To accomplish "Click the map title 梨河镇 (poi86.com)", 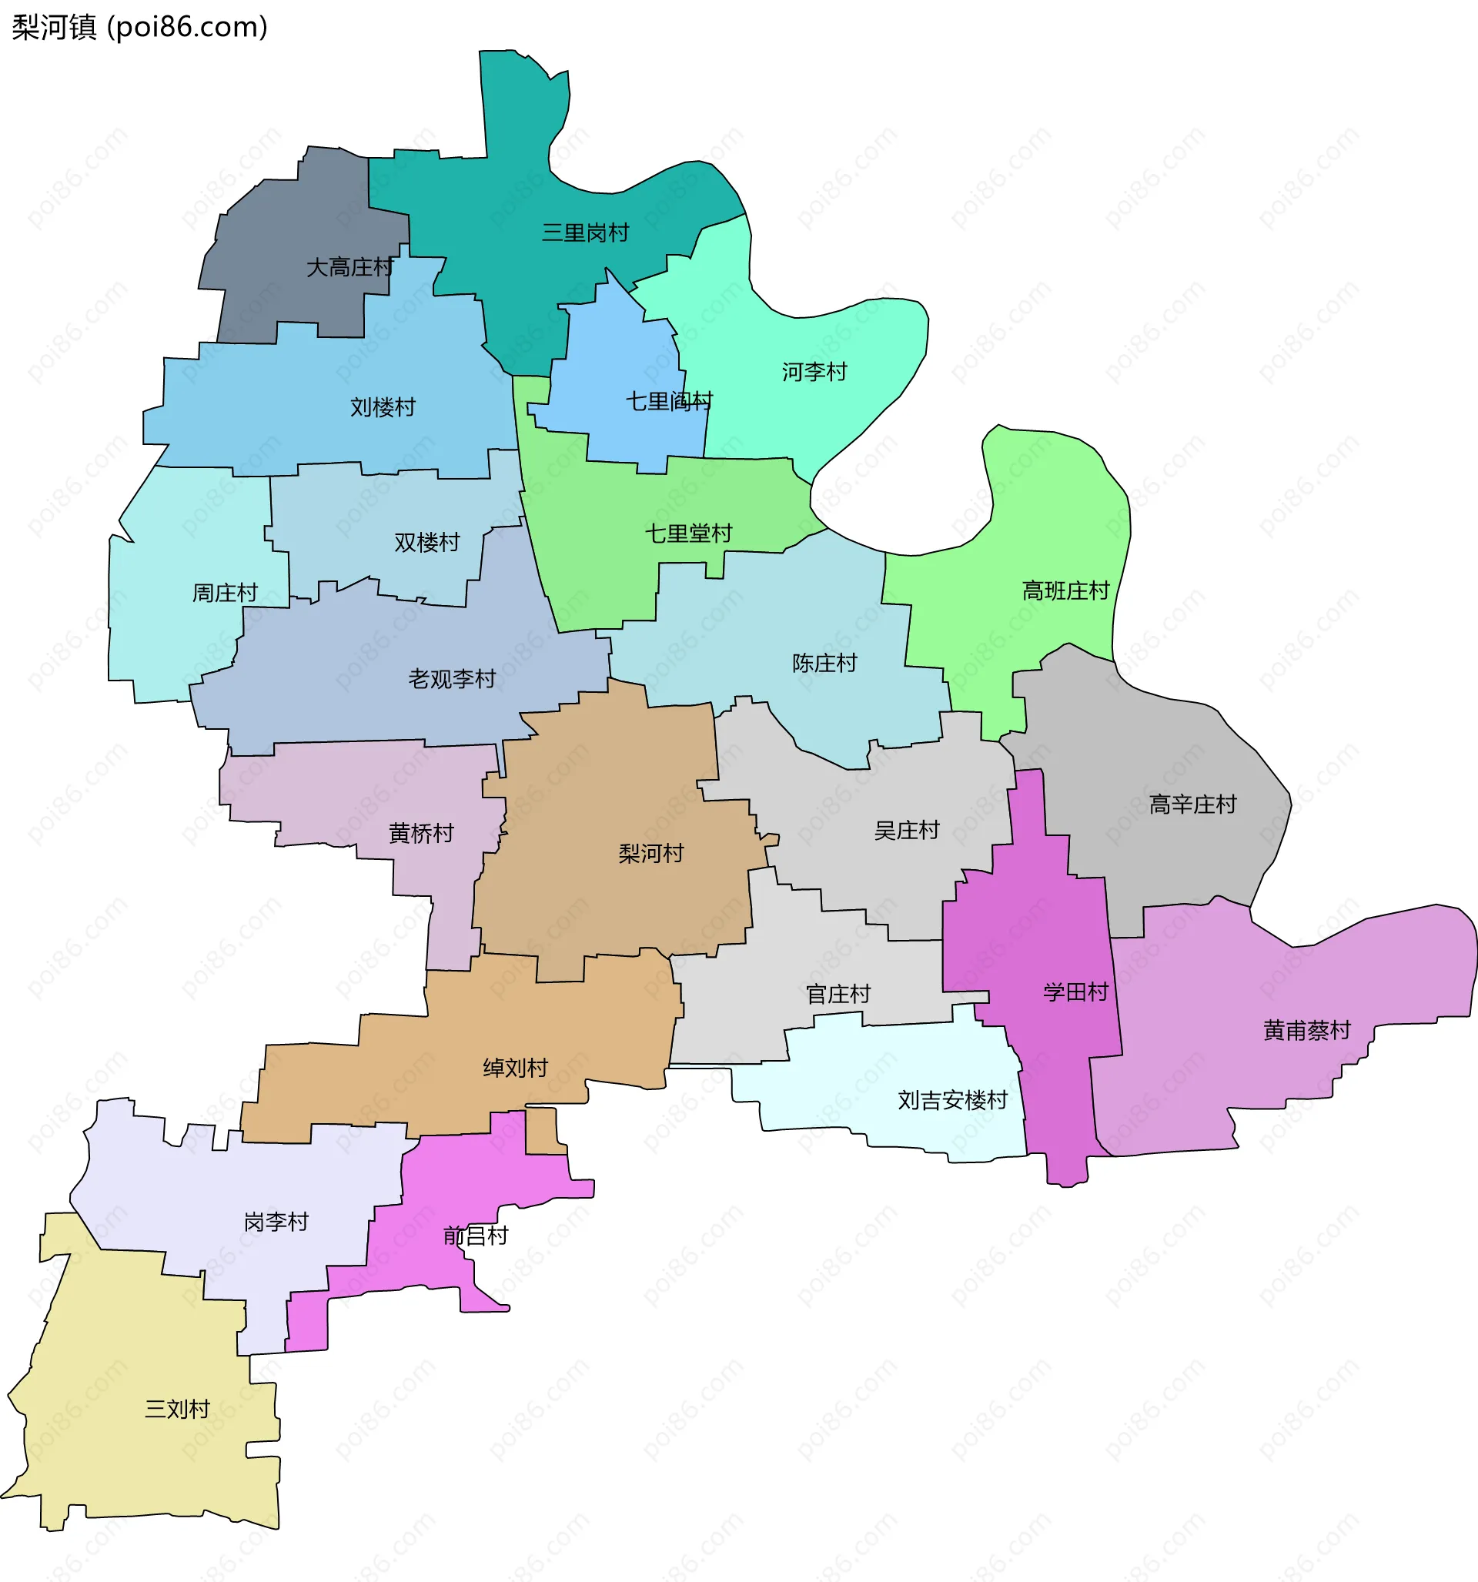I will click(140, 27).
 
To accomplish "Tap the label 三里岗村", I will click(585, 232).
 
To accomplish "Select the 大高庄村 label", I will click(349, 267).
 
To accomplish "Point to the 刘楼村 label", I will click(383, 407).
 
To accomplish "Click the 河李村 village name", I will click(814, 372).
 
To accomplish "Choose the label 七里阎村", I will click(668, 401).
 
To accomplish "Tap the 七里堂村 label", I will click(688, 533).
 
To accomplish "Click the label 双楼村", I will click(426, 543).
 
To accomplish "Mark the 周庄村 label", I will click(226, 593).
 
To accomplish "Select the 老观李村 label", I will click(451, 679).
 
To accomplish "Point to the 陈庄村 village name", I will click(824, 663).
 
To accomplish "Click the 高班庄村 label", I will click(1065, 590).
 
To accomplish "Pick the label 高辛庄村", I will click(1192, 804).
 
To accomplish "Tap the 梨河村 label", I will click(651, 854).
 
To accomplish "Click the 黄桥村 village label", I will click(421, 833).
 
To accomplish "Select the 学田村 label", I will click(1075, 992).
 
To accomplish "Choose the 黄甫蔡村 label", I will click(1307, 1031).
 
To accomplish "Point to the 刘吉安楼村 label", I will click(953, 1101).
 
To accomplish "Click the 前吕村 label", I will click(475, 1236).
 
